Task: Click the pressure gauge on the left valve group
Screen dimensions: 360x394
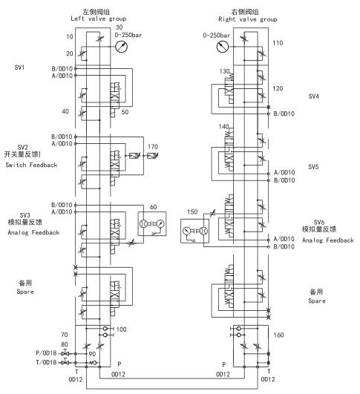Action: pos(122,47)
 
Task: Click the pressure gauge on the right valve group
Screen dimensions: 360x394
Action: pos(223,47)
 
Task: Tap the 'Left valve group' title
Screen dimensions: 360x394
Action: pos(98,19)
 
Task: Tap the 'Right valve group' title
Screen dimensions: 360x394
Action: pos(248,19)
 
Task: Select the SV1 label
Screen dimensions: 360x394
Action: pos(19,68)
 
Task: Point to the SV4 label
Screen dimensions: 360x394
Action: pos(314,96)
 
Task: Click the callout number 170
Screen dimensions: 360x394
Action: pos(153,146)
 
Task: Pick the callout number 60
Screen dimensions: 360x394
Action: pos(154,207)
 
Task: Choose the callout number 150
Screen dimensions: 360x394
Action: pos(192,211)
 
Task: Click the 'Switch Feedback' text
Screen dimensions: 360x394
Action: pos(31,165)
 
